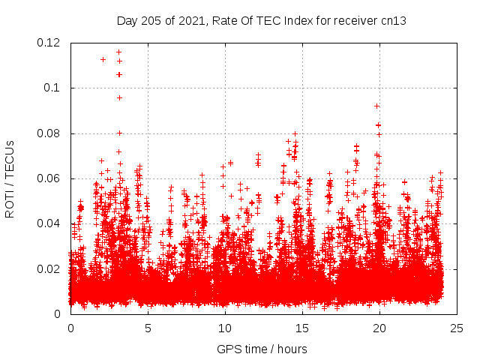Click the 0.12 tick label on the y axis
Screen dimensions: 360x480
(x=50, y=43)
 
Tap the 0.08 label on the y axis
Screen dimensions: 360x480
(x=50, y=133)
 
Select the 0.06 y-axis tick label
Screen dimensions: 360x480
(x=50, y=178)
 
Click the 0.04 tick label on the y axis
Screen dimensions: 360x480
(x=50, y=223)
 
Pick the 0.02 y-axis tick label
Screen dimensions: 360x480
(x=50, y=268)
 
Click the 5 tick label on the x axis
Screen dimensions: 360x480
(x=148, y=328)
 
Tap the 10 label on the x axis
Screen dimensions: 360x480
(x=225, y=328)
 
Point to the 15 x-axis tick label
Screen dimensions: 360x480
(x=302, y=328)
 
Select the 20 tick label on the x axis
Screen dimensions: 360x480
(x=379, y=328)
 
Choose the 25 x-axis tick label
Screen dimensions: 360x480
(x=457, y=328)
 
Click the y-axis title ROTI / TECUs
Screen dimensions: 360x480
(x=10, y=178)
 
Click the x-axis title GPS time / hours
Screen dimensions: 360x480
(x=262, y=349)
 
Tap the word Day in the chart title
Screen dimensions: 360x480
(x=127, y=20)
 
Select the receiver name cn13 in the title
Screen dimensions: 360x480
(x=394, y=20)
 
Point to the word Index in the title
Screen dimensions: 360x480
(x=304, y=20)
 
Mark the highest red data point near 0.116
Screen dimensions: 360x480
(x=118, y=52)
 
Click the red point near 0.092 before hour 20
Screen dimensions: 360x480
(x=376, y=106)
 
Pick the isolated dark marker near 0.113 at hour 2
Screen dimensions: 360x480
(x=103, y=59)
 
